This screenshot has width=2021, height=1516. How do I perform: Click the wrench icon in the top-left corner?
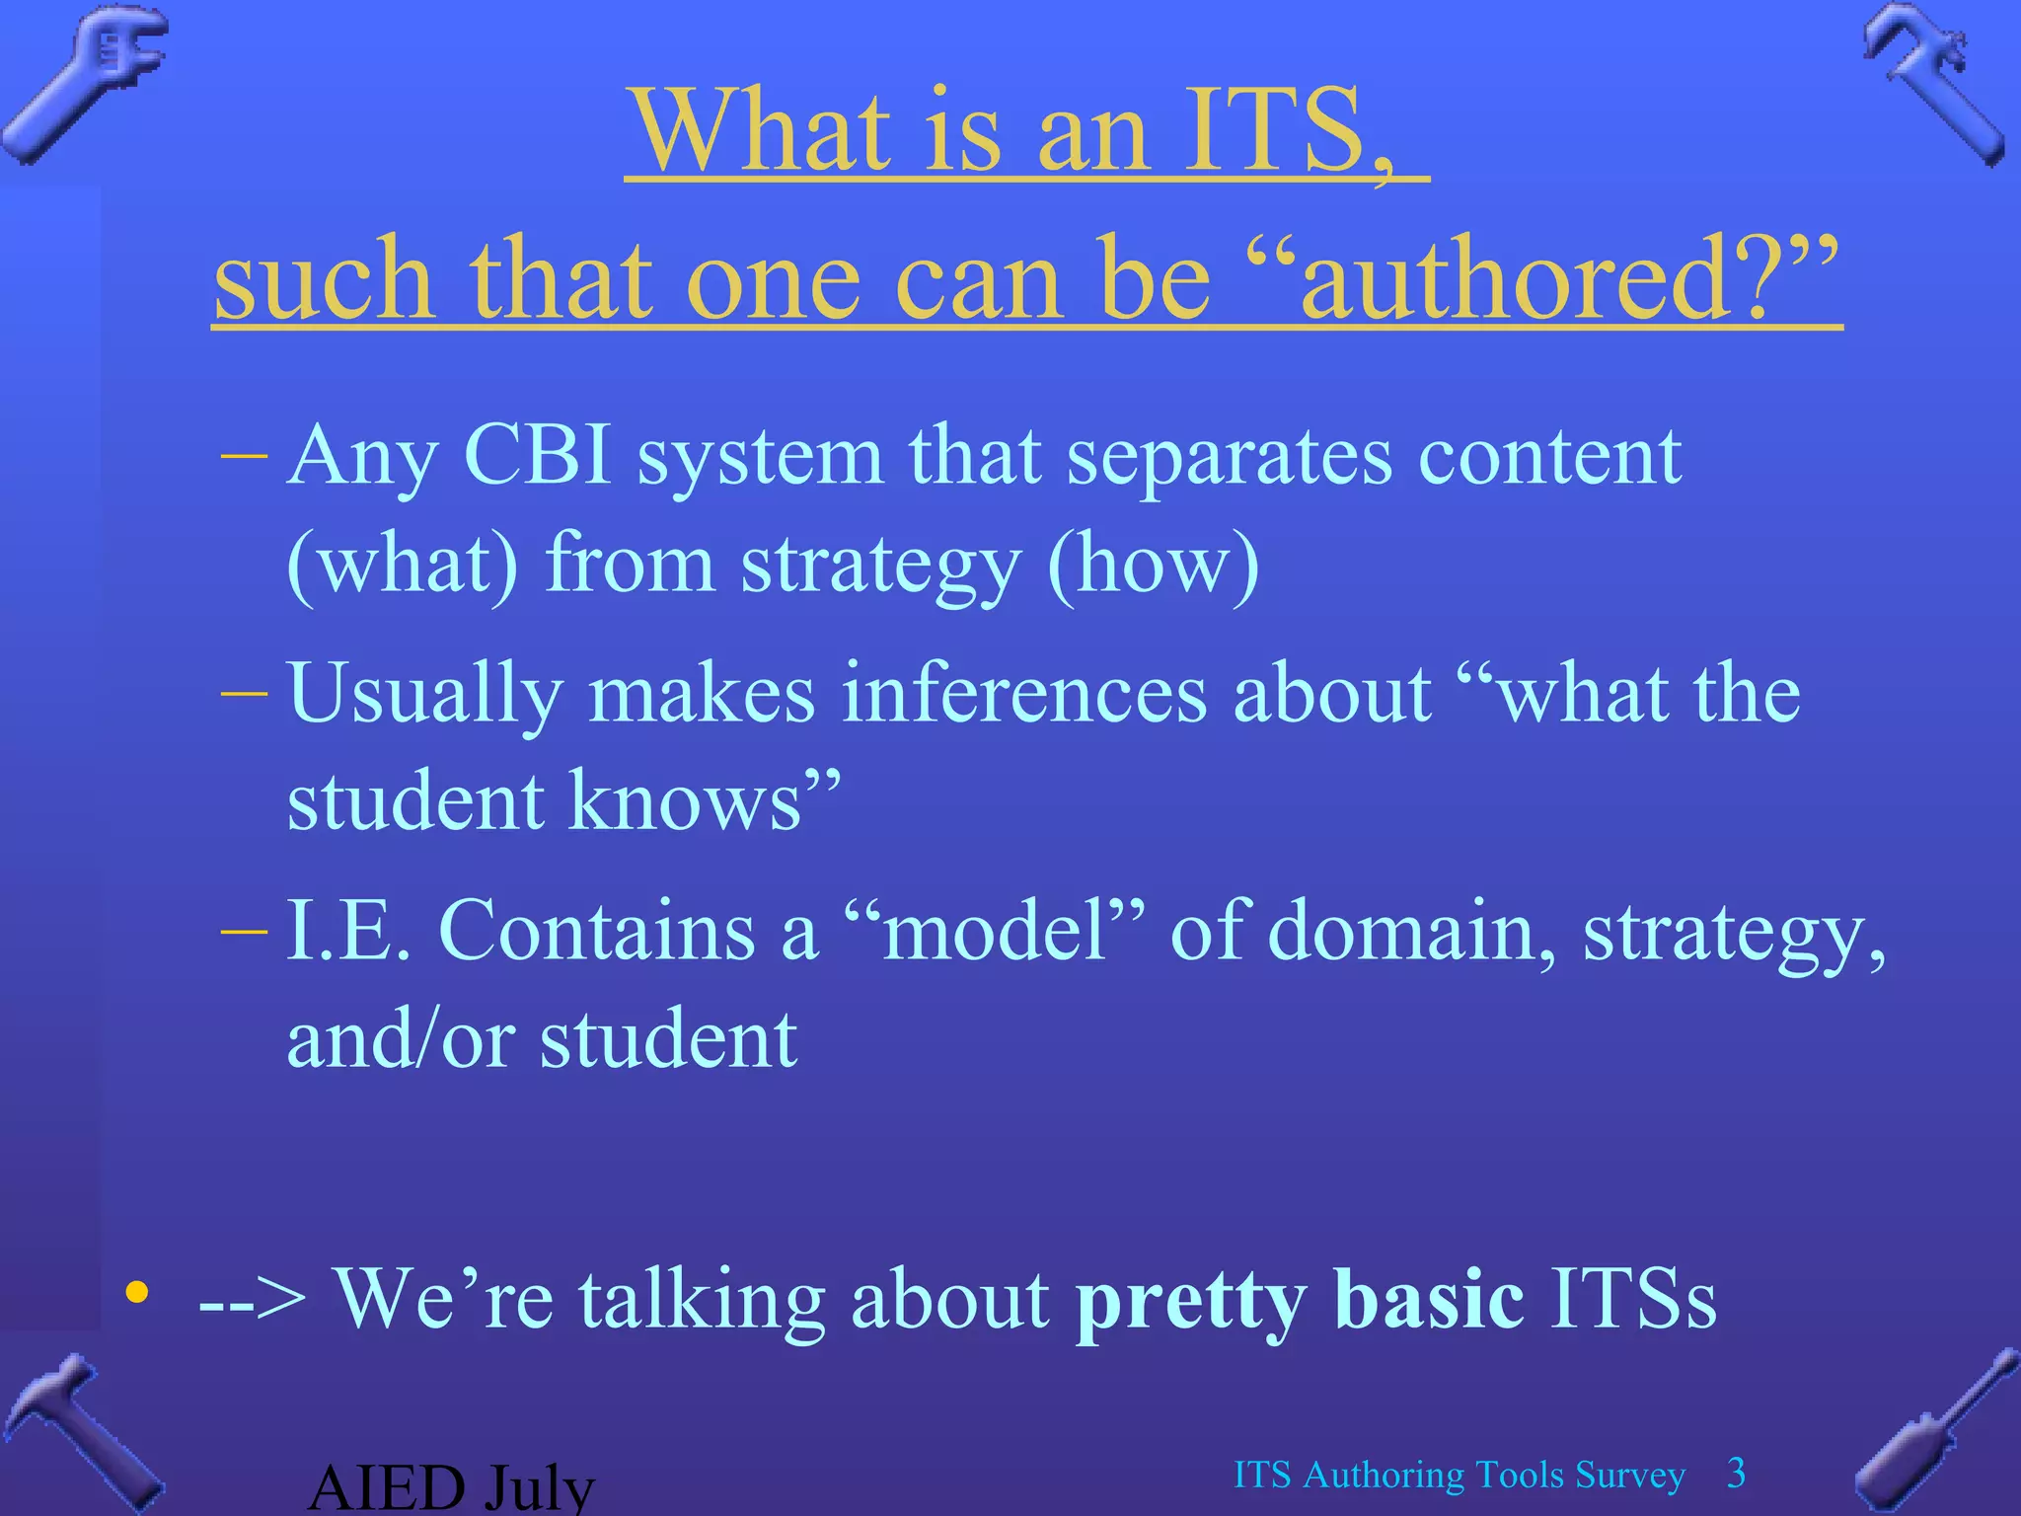click(84, 84)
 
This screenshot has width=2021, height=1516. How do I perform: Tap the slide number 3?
click(1737, 1474)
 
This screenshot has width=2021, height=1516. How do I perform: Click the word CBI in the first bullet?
click(538, 456)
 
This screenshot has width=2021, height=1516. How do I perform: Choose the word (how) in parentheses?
click(1153, 565)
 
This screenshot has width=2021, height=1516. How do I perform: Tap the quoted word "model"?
click(997, 930)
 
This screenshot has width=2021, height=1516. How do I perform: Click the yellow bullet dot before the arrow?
click(137, 1292)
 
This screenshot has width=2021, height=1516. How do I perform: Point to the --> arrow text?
click(253, 1301)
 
